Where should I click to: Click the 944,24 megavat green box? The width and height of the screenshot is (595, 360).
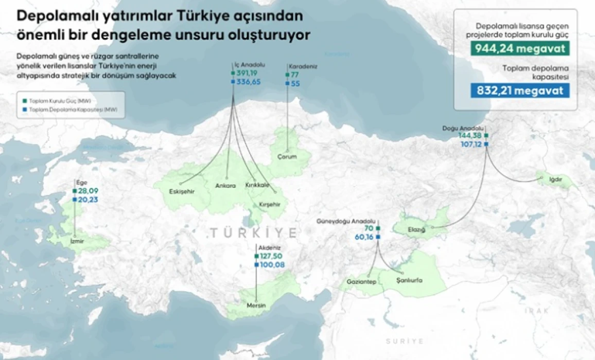(520, 49)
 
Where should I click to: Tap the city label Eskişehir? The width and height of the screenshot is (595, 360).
(181, 192)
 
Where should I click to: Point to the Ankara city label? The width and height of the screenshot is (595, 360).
(226, 186)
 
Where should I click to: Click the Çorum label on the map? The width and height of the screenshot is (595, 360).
(287, 157)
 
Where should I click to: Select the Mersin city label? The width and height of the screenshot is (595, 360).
(256, 305)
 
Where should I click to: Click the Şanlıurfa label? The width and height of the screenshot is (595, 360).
(410, 280)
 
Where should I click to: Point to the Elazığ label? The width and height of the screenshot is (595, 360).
(416, 229)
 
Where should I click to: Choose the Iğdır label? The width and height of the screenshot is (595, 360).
(555, 180)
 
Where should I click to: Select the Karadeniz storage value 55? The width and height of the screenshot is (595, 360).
(295, 83)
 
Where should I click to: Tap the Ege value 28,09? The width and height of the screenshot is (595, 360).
(88, 191)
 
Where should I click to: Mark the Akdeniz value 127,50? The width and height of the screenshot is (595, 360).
(271, 256)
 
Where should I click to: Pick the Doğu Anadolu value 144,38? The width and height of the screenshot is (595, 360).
(469, 136)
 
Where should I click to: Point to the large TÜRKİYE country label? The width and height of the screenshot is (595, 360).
(253, 233)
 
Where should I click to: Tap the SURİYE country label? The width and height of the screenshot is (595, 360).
(405, 341)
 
